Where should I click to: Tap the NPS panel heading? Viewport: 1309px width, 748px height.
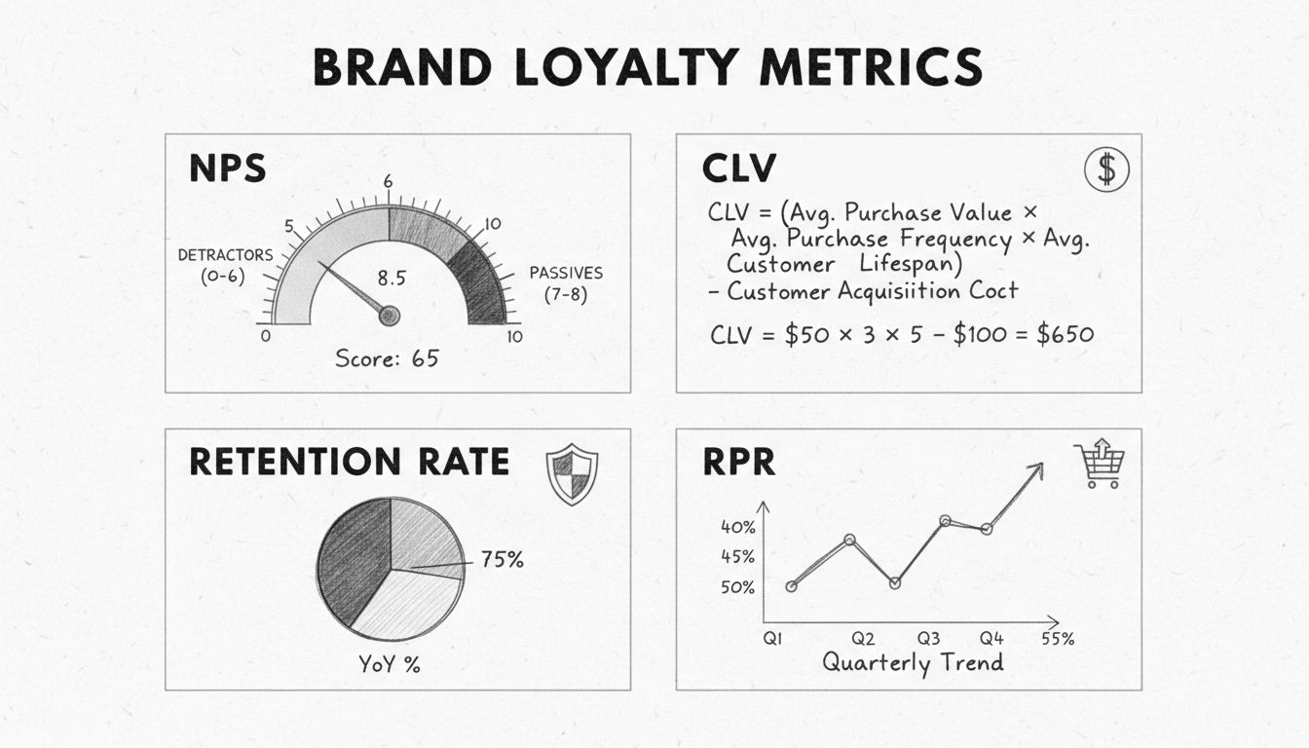(227, 168)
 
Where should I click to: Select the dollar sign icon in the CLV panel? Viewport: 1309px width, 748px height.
(1106, 169)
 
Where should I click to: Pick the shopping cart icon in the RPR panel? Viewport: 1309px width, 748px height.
(1099, 465)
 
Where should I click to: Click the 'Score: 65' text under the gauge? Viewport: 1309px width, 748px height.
(387, 358)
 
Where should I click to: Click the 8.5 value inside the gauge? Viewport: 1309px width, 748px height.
(391, 277)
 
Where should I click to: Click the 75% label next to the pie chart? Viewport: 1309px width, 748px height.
(502, 560)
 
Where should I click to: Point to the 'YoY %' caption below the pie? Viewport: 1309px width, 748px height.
(390, 665)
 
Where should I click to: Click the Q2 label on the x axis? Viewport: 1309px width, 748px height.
(863, 639)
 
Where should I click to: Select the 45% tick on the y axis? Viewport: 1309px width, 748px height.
(737, 557)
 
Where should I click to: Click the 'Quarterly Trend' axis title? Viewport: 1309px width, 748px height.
(913, 663)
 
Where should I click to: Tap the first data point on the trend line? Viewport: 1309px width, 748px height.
(791, 586)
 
